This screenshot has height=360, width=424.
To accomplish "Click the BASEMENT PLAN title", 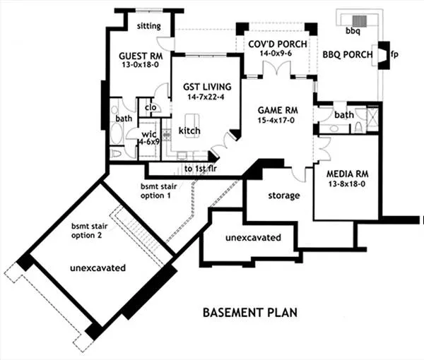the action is (x=250, y=313).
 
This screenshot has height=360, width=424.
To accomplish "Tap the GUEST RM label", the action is (x=141, y=56).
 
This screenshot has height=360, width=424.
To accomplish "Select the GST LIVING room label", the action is (x=207, y=87).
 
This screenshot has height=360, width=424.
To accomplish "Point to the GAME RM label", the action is (x=278, y=110).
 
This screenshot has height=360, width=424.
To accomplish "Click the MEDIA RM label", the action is (x=348, y=174).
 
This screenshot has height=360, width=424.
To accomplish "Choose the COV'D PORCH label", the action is (x=278, y=44).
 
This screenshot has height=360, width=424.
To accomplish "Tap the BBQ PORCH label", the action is (x=348, y=55).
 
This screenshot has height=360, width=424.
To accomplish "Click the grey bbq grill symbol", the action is (x=360, y=21).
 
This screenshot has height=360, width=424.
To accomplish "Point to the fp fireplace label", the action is (x=394, y=54).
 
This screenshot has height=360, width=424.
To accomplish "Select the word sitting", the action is (x=148, y=26).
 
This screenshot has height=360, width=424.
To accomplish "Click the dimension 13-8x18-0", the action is (x=347, y=184).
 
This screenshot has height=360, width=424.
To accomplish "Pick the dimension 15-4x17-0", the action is (x=276, y=121).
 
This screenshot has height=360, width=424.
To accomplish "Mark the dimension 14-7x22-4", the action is (x=206, y=97).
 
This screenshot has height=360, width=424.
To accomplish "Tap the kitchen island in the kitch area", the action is (x=192, y=126).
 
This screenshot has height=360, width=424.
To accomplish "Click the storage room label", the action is (x=284, y=196).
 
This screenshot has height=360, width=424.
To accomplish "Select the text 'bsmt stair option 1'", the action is (x=159, y=191).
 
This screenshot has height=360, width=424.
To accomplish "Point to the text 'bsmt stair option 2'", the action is (x=89, y=231).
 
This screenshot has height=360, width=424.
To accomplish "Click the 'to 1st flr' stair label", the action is (x=201, y=169).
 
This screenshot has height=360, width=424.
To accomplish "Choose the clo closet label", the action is (x=151, y=107).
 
